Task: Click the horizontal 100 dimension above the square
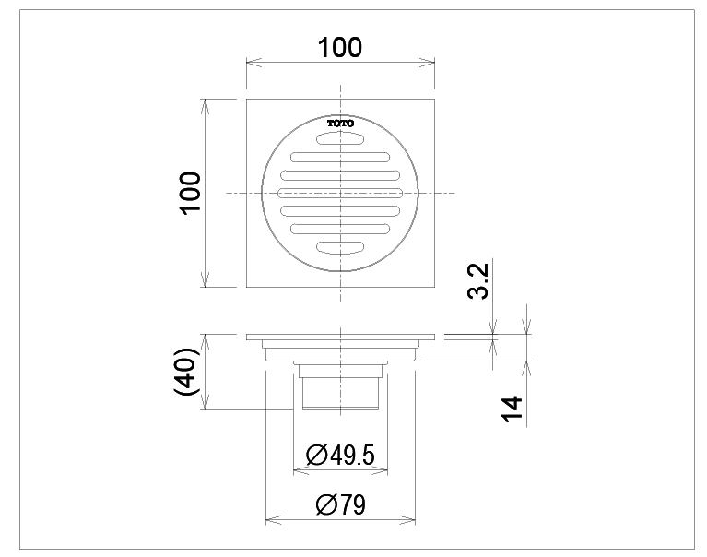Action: (x=340, y=47)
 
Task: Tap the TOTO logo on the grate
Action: (x=340, y=124)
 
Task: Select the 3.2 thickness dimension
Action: (x=478, y=280)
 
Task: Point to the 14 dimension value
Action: (x=513, y=409)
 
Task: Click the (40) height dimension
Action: (x=186, y=372)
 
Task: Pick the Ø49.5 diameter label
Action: (x=340, y=455)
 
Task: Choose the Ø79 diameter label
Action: (x=340, y=504)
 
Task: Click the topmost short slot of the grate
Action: (x=340, y=139)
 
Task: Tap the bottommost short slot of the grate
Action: (x=340, y=247)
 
